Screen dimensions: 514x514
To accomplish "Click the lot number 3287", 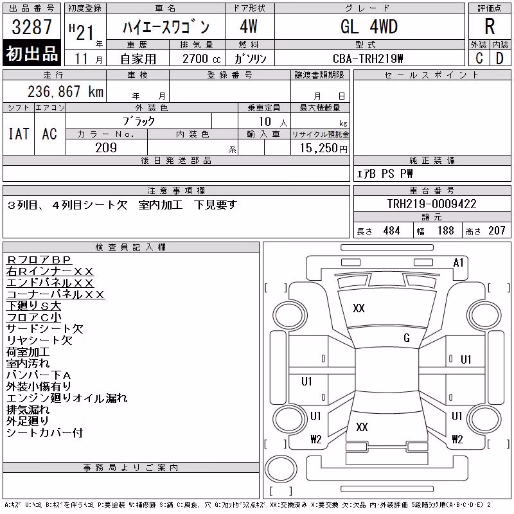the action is [31, 27].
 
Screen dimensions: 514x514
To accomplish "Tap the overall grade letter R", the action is [490, 26].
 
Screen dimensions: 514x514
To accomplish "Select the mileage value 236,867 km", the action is [66, 91].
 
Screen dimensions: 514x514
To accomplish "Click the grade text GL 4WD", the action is [369, 26].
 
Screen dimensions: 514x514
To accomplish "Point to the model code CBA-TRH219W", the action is [368, 58].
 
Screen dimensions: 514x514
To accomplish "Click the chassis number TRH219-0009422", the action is [432, 204].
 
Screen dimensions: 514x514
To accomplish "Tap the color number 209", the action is [106, 148].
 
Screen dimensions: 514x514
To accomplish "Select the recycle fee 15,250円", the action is [323, 148].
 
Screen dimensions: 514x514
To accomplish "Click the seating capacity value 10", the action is [265, 121].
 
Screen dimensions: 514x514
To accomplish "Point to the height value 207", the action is [497, 231].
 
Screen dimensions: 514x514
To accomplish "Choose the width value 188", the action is [445, 231].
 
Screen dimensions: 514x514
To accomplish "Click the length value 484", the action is [391, 231].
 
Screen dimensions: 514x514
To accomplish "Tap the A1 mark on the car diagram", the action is [458, 263].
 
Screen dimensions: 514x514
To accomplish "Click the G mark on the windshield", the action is [407, 338].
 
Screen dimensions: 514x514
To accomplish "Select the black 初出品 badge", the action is [31, 53].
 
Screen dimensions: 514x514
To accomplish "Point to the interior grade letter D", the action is [499, 58].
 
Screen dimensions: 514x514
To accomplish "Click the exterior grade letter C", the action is [479, 58].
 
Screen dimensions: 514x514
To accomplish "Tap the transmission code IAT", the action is [19, 134].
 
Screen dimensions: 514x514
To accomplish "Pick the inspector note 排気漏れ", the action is [28, 410].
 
